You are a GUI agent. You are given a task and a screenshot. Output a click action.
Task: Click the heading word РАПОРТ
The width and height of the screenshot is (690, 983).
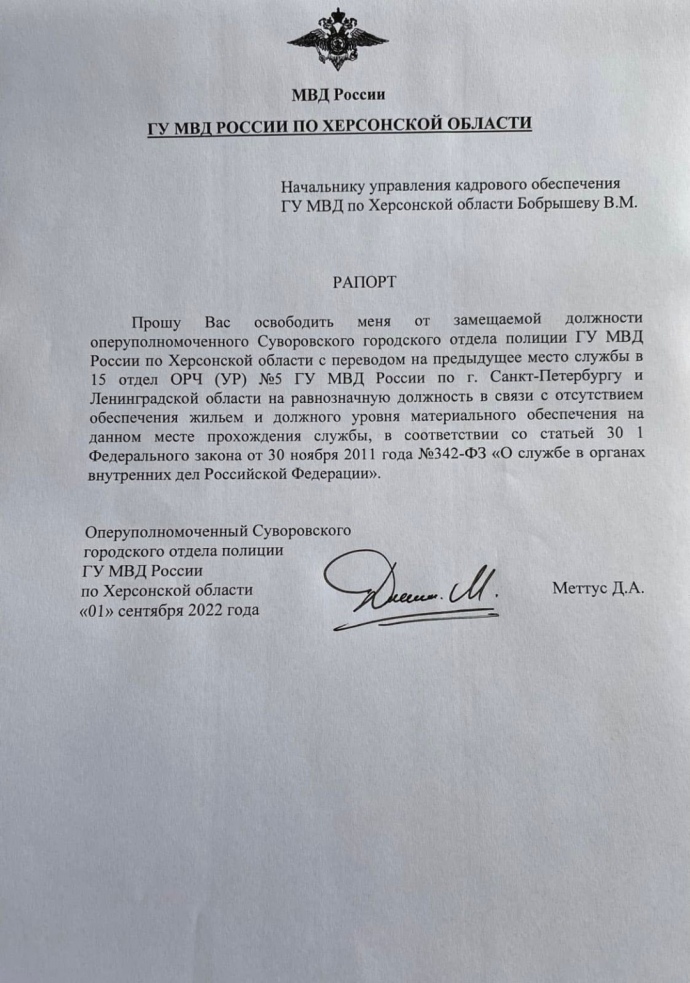(364, 282)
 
